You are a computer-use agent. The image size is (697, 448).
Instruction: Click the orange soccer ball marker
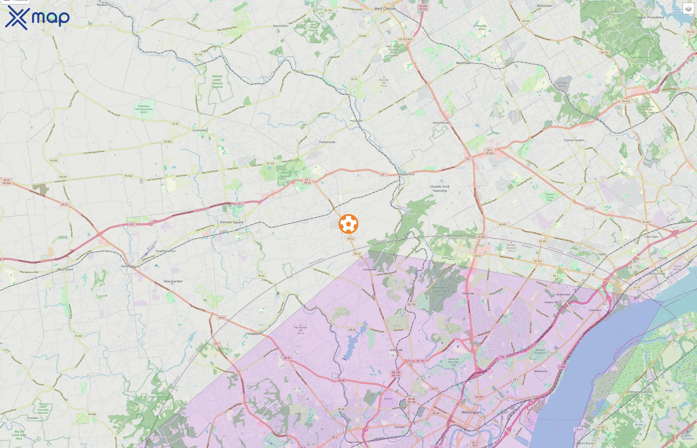click(348, 224)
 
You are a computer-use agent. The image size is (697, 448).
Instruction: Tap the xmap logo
click(37, 17)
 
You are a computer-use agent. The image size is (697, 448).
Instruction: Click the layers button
click(688, 9)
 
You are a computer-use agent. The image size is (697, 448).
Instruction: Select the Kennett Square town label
click(232, 222)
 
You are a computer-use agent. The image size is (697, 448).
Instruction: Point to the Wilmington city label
click(471, 412)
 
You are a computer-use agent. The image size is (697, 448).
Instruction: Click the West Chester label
click(385, 9)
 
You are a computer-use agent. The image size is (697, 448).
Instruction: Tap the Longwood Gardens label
click(285, 174)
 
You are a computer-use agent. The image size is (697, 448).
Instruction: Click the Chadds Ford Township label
click(440, 188)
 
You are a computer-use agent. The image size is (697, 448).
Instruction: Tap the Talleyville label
click(468, 293)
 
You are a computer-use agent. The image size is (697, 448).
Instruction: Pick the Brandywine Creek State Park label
click(440, 291)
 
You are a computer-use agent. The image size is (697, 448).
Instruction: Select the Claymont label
click(595, 310)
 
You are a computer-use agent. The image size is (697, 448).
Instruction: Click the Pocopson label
click(356, 121)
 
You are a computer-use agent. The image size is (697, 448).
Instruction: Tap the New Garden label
click(173, 281)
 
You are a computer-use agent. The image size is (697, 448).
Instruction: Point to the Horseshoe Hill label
click(300, 330)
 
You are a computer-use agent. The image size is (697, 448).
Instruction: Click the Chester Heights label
click(574, 140)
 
